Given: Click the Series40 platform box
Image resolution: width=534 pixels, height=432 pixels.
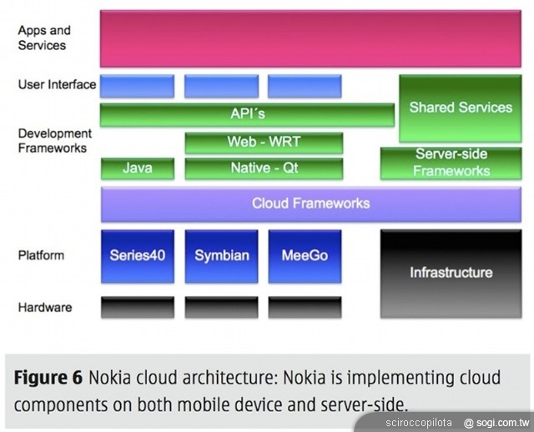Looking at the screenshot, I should [x=138, y=256].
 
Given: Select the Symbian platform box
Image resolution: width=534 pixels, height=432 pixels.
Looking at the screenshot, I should [x=221, y=256].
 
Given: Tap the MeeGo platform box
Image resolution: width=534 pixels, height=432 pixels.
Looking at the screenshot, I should [x=305, y=256].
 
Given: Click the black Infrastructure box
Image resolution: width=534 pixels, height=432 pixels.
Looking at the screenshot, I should [x=451, y=272].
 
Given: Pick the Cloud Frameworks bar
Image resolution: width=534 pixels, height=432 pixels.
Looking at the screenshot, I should [x=310, y=203].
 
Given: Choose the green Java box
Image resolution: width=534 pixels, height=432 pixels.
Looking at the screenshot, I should [x=138, y=168].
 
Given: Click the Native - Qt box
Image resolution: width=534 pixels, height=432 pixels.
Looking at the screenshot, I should [x=264, y=168].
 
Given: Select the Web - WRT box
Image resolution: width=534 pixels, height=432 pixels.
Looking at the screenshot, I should [x=264, y=142].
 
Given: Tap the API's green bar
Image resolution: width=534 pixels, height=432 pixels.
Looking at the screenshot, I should [x=247, y=114].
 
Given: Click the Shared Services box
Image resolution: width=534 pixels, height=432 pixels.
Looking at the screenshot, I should [x=460, y=108].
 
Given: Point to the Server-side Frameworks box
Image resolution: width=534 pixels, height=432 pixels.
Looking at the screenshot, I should [x=451, y=163].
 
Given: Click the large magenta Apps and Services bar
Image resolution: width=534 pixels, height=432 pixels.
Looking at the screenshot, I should [x=310, y=38].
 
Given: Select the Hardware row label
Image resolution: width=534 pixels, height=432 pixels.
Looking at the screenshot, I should [x=45, y=307].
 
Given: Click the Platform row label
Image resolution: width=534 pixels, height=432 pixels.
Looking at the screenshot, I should [x=41, y=255].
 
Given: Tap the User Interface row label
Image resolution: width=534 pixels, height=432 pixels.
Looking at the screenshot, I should [x=57, y=84].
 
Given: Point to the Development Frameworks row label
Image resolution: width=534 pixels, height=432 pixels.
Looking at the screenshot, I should [x=54, y=140].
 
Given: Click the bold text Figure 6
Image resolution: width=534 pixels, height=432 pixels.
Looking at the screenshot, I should [x=48, y=377].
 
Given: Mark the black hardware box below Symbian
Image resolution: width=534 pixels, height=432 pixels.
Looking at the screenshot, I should [x=221, y=307].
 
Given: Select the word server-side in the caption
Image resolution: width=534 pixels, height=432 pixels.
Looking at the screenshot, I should [x=360, y=404].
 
